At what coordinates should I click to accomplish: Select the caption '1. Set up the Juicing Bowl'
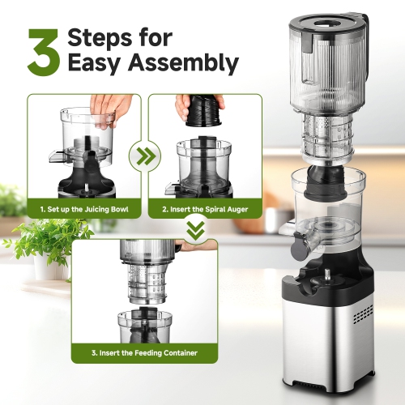tap(83, 210)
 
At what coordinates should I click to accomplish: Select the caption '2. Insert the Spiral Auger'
tap(205, 210)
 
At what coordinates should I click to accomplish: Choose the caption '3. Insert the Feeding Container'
tap(144, 353)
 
